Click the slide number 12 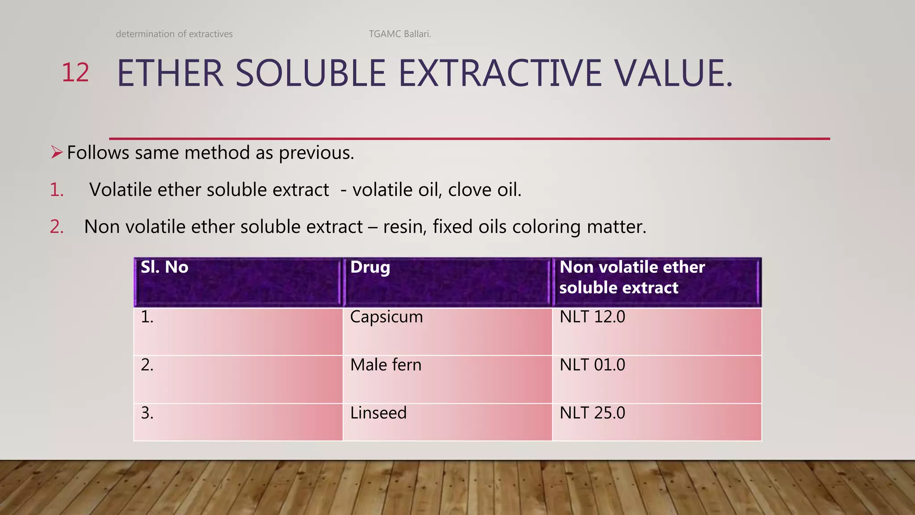point(75,73)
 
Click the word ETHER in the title point(170,74)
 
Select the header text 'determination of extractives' point(174,34)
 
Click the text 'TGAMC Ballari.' point(400,34)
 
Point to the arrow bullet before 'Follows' point(56,152)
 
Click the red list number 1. point(56,190)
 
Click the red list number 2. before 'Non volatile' point(56,227)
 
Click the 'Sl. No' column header point(164,267)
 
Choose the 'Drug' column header point(370,267)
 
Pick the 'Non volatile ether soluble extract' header point(632,277)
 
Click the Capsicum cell point(386,317)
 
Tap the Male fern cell point(386,365)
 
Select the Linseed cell point(378,413)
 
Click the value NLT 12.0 point(592,317)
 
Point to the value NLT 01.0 point(592,365)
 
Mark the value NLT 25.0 point(592,413)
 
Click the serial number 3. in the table point(147,413)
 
